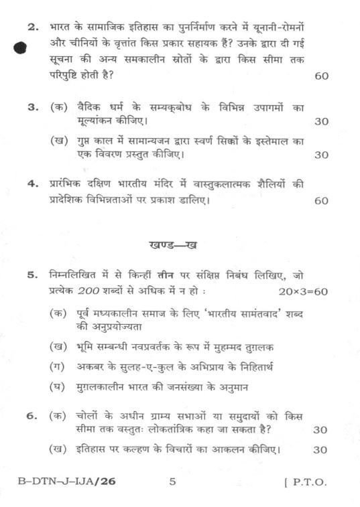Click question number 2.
[32, 27]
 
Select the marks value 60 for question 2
[321, 76]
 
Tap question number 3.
[32, 107]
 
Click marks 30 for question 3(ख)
[321, 155]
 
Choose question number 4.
[32, 186]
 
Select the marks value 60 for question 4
[321, 201]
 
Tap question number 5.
[32, 275]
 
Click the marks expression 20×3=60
[302, 291]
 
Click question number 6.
[32, 416]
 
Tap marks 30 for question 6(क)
[320, 430]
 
